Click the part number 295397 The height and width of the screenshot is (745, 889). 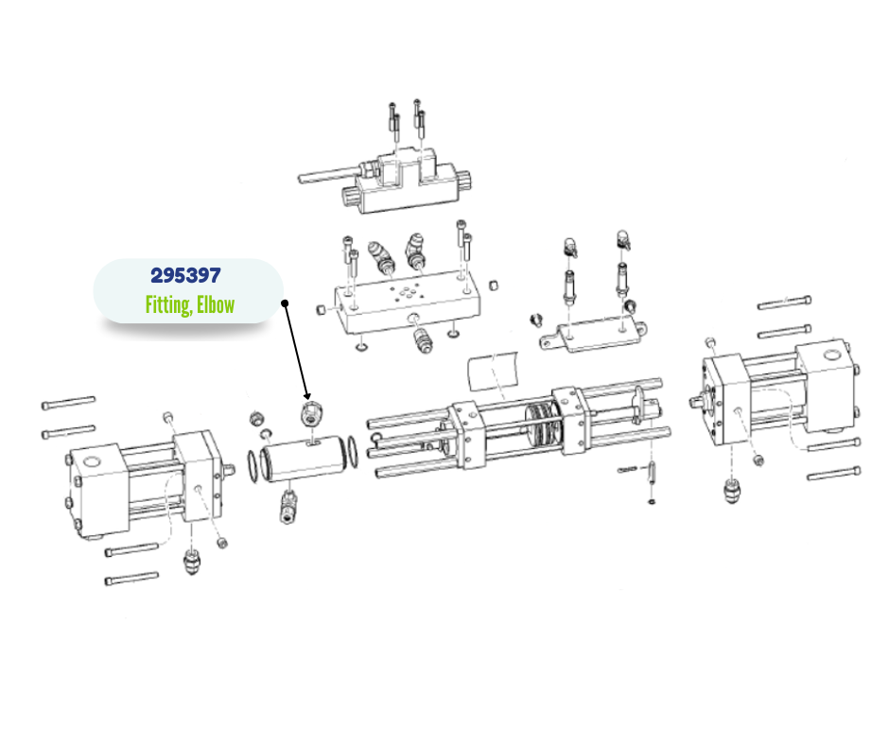point(185,275)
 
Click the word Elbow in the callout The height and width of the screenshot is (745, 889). point(216,304)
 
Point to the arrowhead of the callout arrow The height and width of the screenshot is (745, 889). point(306,396)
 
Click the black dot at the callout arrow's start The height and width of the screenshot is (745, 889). point(286,303)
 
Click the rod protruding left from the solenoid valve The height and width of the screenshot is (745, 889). point(327,174)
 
